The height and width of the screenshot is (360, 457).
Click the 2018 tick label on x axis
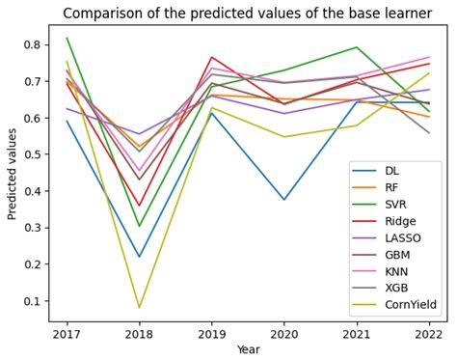point(139,336)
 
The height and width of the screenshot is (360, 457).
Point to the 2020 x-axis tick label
point(284,336)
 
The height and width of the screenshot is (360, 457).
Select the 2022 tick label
point(430,336)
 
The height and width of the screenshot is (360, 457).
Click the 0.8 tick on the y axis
point(32,44)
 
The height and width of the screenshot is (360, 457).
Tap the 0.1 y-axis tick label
point(32,301)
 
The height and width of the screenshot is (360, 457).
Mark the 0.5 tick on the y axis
point(32,154)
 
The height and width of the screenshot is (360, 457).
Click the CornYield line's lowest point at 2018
point(139,308)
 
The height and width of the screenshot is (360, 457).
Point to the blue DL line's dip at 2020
point(284,200)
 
